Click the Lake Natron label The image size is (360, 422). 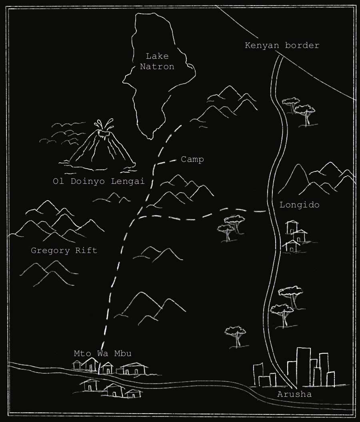click(157, 62)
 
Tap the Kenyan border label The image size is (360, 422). click(282, 46)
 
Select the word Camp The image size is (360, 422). click(192, 159)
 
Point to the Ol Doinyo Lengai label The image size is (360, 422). click(98, 181)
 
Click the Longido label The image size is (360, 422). click(299, 205)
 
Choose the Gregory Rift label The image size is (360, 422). click(64, 251)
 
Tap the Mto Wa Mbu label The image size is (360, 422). click(103, 354)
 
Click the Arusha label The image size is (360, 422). click(294, 395)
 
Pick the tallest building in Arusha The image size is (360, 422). click(303, 366)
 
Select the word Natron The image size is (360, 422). click(157, 67)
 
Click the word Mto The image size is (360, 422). click(81, 354)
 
